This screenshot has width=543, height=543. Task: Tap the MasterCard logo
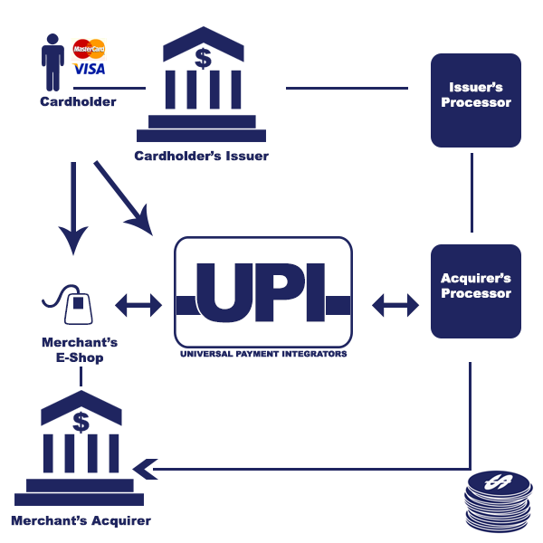89,48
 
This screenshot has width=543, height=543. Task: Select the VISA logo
90,69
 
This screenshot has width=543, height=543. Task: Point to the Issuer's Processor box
476,100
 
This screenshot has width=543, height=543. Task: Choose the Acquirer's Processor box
476,291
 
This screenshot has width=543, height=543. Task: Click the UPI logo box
262,291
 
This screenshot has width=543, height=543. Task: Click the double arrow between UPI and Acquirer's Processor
396,306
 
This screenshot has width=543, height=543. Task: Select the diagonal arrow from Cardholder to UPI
122,194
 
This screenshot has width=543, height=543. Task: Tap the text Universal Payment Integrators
262,355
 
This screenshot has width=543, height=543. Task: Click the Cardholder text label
78,101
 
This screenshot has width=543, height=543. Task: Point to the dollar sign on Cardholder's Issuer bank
203,59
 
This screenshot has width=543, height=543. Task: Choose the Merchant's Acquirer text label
81,520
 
